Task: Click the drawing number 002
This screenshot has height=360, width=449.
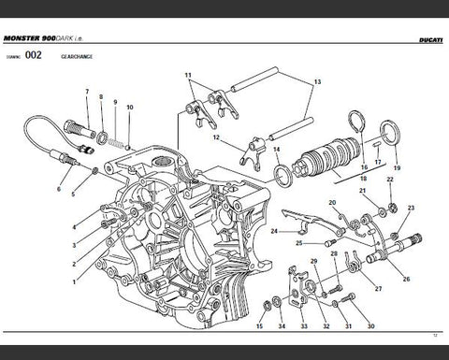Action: click(x=33, y=56)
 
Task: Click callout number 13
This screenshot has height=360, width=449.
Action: click(x=316, y=82)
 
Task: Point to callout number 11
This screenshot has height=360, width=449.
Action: click(x=188, y=74)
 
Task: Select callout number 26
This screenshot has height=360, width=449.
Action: click(x=406, y=279)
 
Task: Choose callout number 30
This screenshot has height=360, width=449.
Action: click(x=370, y=326)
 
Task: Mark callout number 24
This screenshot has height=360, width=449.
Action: click(x=274, y=230)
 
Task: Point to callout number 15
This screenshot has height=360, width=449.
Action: click(x=260, y=326)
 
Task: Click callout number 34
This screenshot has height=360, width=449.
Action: click(x=281, y=326)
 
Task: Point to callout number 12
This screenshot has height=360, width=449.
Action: click(x=216, y=138)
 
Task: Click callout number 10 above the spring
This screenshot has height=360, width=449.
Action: click(x=130, y=108)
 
